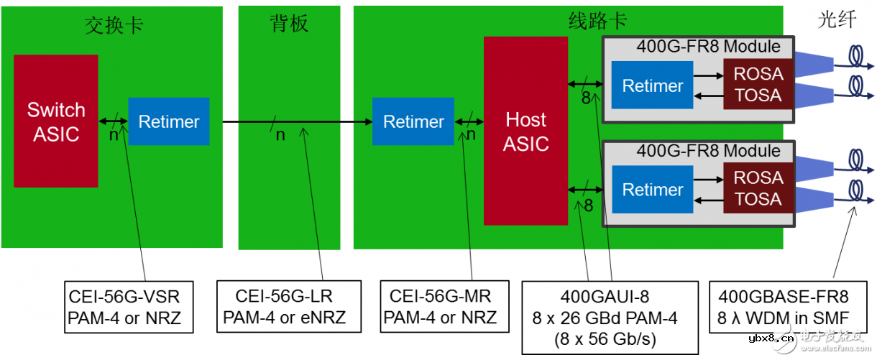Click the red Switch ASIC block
55,121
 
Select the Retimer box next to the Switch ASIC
168,121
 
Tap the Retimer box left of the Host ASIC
413,121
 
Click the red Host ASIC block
525,131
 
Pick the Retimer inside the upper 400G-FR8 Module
652,86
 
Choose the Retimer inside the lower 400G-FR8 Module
652,190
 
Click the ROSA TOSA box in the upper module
758,85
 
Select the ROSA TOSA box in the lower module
758,188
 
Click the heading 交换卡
114,24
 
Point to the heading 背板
289,24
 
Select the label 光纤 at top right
837,19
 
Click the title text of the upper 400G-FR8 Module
707,47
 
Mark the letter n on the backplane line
280,135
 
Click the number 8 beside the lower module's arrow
588,206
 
